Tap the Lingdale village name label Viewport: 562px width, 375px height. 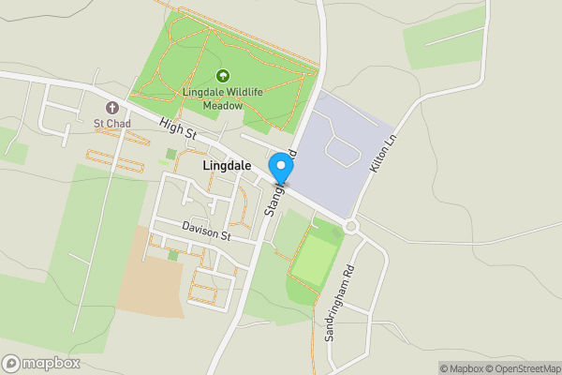(x=226, y=164)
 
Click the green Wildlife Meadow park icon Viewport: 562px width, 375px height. (x=223, y=76)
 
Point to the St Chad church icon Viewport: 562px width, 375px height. (x=112, y=107)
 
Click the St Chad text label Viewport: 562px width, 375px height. (x=112, y=123)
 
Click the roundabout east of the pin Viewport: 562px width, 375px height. (x=351, y=226)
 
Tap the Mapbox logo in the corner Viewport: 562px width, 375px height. (x=41, y=363)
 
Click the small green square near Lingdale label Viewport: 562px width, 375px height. (x=170, y=154)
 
